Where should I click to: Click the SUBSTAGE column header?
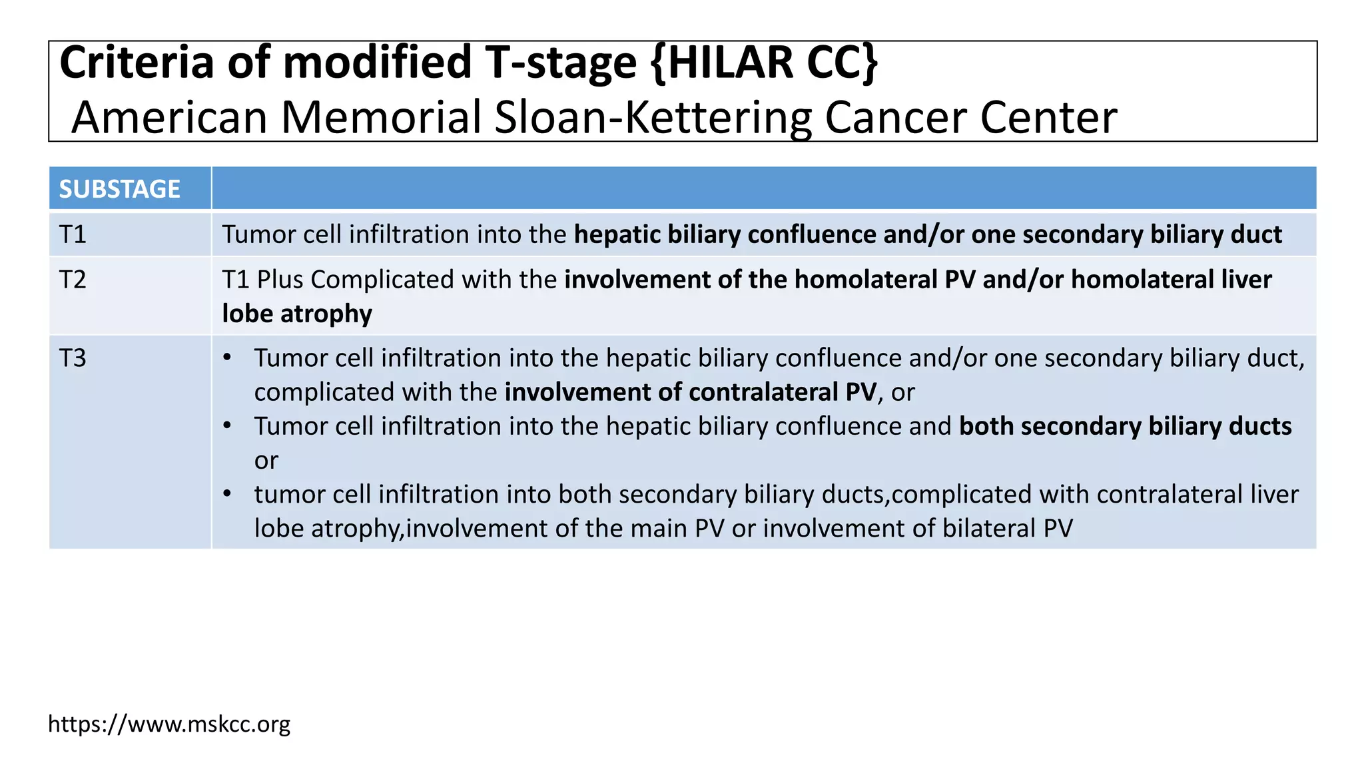tap(120, 189)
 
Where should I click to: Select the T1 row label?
tap(73, 234)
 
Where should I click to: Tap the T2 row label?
tap(73, 280)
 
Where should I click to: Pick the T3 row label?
tap(73, 358)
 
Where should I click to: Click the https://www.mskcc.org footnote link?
tap(169, 724)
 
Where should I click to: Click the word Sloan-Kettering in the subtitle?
tap(653, 118)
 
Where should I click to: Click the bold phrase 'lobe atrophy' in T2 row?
tap(297, 314)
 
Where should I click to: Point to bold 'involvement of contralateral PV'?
tap(690, 392)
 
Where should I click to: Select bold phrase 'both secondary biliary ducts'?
tap(1125, 426)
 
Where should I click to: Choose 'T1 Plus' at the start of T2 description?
tap(262, 280)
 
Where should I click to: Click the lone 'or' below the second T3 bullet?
tap(266, 461)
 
